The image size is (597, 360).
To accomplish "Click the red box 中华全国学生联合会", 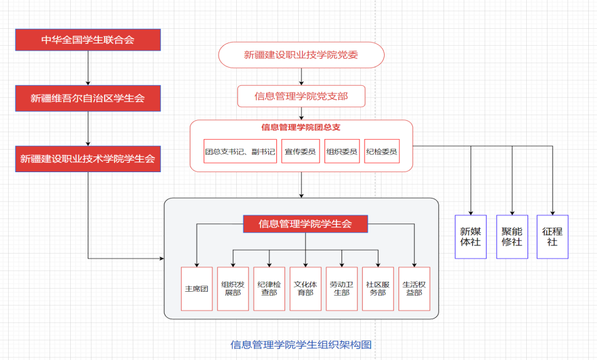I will pos(88,39).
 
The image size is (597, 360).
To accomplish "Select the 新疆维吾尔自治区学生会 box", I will pos(88,98).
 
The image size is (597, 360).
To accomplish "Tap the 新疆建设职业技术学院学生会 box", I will pos(88,158).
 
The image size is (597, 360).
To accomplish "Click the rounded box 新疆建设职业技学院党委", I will pos(301,55).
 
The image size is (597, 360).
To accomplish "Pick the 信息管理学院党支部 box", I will pos(301,96).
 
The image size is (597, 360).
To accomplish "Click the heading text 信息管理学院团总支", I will pos(301,127).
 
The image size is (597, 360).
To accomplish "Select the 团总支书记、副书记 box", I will pos(240,151).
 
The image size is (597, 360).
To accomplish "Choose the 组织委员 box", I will pos(342,151).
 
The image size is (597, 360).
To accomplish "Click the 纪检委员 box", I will pos(382,151).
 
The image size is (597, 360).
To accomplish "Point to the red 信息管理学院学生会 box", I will pos(305,224).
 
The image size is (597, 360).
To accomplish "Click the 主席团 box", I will pos(197,289).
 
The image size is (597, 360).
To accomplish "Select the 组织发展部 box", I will pos(232,289).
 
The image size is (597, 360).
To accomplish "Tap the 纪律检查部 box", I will pos(269,289).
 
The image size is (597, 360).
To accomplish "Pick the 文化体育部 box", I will pos(306,289).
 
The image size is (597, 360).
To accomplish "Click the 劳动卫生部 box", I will pos(342,289).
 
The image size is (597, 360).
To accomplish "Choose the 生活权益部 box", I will pos(415,289).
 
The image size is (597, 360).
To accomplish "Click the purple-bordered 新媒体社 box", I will pos(470,237).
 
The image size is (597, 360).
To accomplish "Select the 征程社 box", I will pos(553,237).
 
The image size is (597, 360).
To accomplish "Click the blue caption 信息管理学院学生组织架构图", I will pos(301,344).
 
